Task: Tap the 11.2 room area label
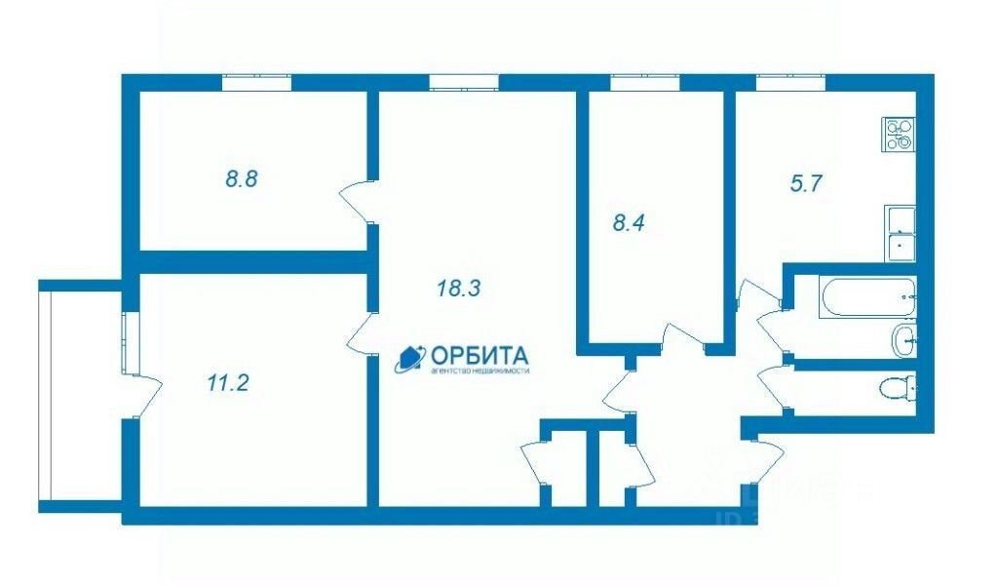[228, 383]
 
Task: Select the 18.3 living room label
[458, 289]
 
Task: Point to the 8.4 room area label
[629, 222]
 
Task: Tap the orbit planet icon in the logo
[407, 361]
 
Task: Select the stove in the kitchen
[898, 134]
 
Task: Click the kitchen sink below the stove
[899, 234]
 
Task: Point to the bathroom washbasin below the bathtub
[903, 341]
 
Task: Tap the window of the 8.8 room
[256, 83]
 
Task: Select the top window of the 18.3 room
[463, 83]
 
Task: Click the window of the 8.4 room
[644, 83]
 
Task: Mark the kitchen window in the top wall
[790, 83]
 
